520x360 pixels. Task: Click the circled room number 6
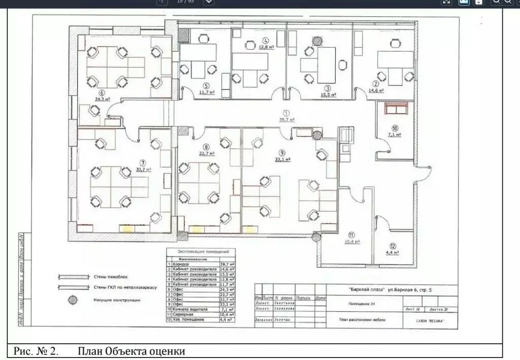pyautogui.click(x=103, y=93)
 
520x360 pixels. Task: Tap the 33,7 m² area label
pyautogui.click(x=144, y=170)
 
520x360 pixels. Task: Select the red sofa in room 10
pyautogui.click(x=396, y=109)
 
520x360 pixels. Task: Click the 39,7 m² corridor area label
pyautogui.click(x=286, y=119)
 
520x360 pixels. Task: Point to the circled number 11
pyautogui.click(x=351, y=235)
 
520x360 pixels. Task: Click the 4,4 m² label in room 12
pyautogui.click(x=392, y=252)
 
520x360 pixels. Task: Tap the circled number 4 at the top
pyautogui.click(x=265, y=40)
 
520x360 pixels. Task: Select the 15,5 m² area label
pyautogui.click(x=328, y=94)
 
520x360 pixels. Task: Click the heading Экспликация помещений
pyautogui.click(x=202, y=251)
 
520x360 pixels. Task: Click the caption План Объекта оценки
pyautogui.click(x=132, y=351)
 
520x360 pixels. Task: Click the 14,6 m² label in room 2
pyautogui.click(x=376, y=91)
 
